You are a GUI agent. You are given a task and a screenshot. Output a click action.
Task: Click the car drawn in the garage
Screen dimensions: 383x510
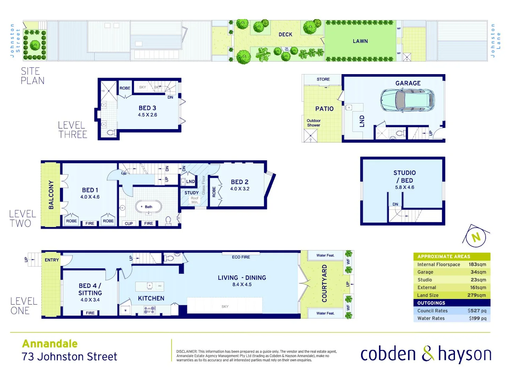[407, 100]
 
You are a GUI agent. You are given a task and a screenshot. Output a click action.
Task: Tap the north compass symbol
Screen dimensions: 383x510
[476, 237]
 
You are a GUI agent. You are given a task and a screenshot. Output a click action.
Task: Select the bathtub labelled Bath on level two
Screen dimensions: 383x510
[148, 207]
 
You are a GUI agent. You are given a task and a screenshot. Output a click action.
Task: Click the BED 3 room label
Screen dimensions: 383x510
[147, 108]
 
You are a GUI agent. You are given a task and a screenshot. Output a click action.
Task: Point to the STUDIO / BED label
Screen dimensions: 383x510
[405, 176]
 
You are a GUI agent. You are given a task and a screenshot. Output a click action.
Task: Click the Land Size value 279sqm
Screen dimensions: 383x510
[476, 295]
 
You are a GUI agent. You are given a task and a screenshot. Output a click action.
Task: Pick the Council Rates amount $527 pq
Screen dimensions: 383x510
[477, 311]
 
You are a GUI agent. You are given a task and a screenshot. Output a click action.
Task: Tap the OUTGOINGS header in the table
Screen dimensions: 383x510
[431, 303]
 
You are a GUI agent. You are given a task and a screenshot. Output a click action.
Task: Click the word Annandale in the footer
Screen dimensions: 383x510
[50, 343]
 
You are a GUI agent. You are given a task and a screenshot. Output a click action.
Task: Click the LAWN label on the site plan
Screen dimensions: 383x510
[360, 41]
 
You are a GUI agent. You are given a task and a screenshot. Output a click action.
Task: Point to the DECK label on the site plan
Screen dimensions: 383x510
[285, 34]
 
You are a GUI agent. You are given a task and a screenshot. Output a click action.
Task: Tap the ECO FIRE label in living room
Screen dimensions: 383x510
[241, 257]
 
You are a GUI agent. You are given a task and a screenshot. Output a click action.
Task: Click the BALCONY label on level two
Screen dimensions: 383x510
[51, 195]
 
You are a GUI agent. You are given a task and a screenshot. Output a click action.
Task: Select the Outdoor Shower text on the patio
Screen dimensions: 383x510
[313, 123]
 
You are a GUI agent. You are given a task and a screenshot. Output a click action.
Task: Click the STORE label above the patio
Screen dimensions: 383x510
[323, 79]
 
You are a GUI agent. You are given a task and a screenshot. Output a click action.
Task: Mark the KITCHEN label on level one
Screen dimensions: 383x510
[151, 298]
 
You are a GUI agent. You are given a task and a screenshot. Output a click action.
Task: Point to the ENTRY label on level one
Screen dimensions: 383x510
[52, 260]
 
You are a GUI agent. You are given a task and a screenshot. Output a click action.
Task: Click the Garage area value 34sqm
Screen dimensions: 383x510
[478, 272]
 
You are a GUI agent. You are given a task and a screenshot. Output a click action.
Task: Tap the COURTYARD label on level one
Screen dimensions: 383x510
[324, 283]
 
